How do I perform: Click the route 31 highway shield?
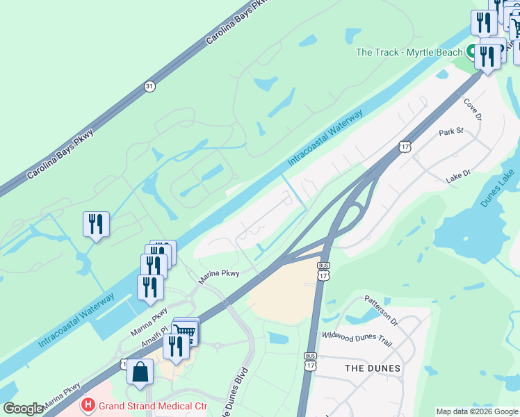[x=149, y=86]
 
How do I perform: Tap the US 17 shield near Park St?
[x=405, y=146]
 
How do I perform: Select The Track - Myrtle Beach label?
[x=409, y=52]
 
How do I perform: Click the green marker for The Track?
[x=471, y=51]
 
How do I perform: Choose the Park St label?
[x=450, y=131]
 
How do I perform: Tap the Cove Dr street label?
[x=472, y=108]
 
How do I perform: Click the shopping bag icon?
[x=140, y=371]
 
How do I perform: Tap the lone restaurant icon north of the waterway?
[x=96, y=224]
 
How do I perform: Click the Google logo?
[x=23, y=409]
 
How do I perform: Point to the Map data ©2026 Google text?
[x=477, y=411]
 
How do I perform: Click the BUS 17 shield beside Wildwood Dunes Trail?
[x=310, y=360]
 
